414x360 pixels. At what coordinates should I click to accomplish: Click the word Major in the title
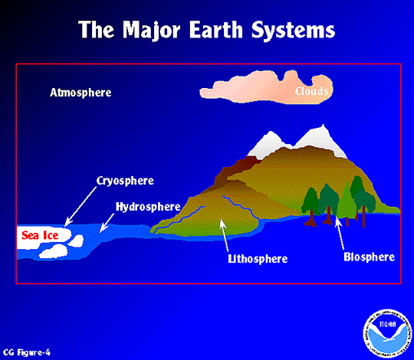151,30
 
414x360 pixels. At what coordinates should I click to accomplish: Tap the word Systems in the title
293,31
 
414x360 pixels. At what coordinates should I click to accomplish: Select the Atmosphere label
80,93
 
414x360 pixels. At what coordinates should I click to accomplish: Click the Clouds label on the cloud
312,91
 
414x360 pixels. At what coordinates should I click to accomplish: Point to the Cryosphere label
125,182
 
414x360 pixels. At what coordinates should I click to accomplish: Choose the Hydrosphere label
148,207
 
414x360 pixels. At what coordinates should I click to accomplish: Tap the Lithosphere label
258,259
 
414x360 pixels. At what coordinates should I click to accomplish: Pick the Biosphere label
369,257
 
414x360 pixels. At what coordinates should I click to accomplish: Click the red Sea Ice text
40,235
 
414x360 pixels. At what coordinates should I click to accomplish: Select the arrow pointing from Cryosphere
80,207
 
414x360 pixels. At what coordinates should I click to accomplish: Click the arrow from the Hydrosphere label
107,223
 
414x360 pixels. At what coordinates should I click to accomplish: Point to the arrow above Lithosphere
224,235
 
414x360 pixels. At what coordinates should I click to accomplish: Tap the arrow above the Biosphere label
340,233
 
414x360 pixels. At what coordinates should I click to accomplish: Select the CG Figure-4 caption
26,352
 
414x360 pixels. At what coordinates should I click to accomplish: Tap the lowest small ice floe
54,251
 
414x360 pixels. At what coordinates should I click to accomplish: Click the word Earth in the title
215,29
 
